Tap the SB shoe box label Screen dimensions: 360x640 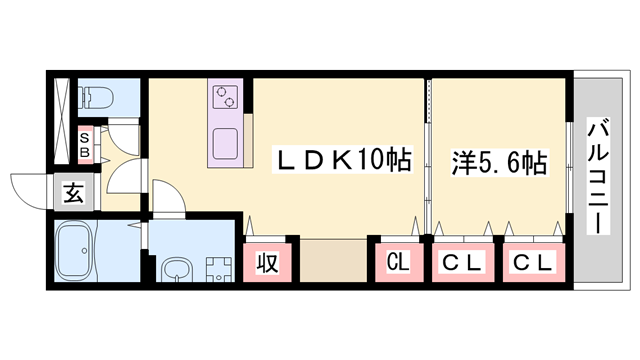[86, 145]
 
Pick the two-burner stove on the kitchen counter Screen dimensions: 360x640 [225, 98]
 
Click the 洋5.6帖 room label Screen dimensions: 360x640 [498, 162]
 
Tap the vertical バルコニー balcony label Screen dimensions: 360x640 [598, 176]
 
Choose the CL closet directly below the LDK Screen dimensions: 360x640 [399, 264]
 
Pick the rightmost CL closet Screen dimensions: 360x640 [534, 264]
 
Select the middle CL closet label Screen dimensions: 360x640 [464, 264]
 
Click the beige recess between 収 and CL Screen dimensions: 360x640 [332, 264]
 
